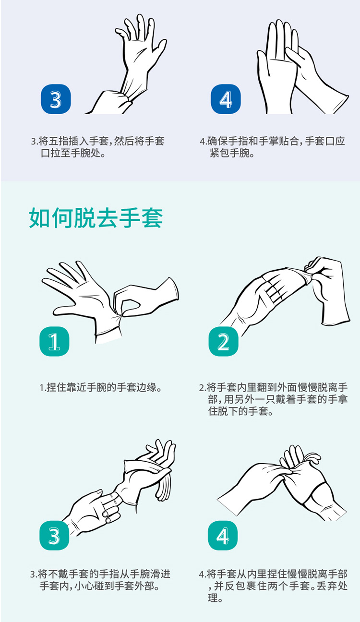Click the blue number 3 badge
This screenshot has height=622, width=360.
click(x=56, y=99)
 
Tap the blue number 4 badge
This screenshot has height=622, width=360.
click(x=226, y=99)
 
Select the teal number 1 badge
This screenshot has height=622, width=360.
click(x=54, y=341)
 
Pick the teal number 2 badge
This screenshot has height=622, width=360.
click(x=223, y=341)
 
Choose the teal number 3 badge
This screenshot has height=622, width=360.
click(x=54, y=535)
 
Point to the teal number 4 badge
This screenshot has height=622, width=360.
click(x=223, y=535)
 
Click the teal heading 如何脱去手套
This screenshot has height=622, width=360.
click(x=96, y=218)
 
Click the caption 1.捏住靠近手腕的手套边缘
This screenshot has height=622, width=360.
click(x=100, y=387)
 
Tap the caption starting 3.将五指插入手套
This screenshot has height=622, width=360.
click(x=98, y=147)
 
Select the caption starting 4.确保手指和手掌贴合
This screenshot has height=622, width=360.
click(x=272, y=147)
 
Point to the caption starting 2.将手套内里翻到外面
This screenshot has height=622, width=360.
click(x=273, y=399)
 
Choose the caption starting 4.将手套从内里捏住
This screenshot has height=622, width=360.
click(x=273, y=586)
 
